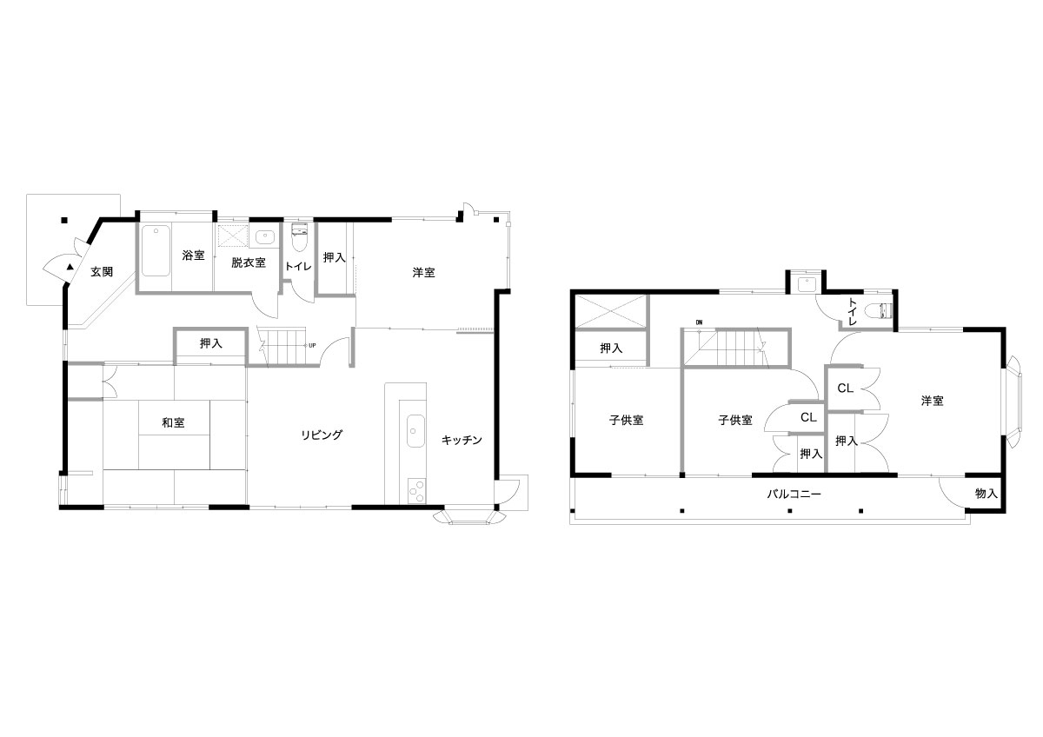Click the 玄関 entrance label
(102, 272)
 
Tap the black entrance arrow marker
(70, 267)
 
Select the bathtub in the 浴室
(155, 251)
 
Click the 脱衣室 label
(249, 262)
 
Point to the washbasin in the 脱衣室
(265, 236)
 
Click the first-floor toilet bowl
(298, 237)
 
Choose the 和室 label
(173, 422)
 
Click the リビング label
(322, 435)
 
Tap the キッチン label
(462, 440)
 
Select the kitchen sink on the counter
(415, 431)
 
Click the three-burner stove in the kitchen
(416, 491)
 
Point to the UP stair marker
(312, 345)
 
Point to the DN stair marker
(699, 322)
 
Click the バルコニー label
(794, 495)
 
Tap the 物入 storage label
(987, 494)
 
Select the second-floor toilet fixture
(879, 310)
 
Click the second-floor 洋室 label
(932, 401)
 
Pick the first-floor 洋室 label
(424, 272)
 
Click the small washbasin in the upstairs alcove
(806, 283)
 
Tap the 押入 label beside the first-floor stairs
(211, 343)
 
